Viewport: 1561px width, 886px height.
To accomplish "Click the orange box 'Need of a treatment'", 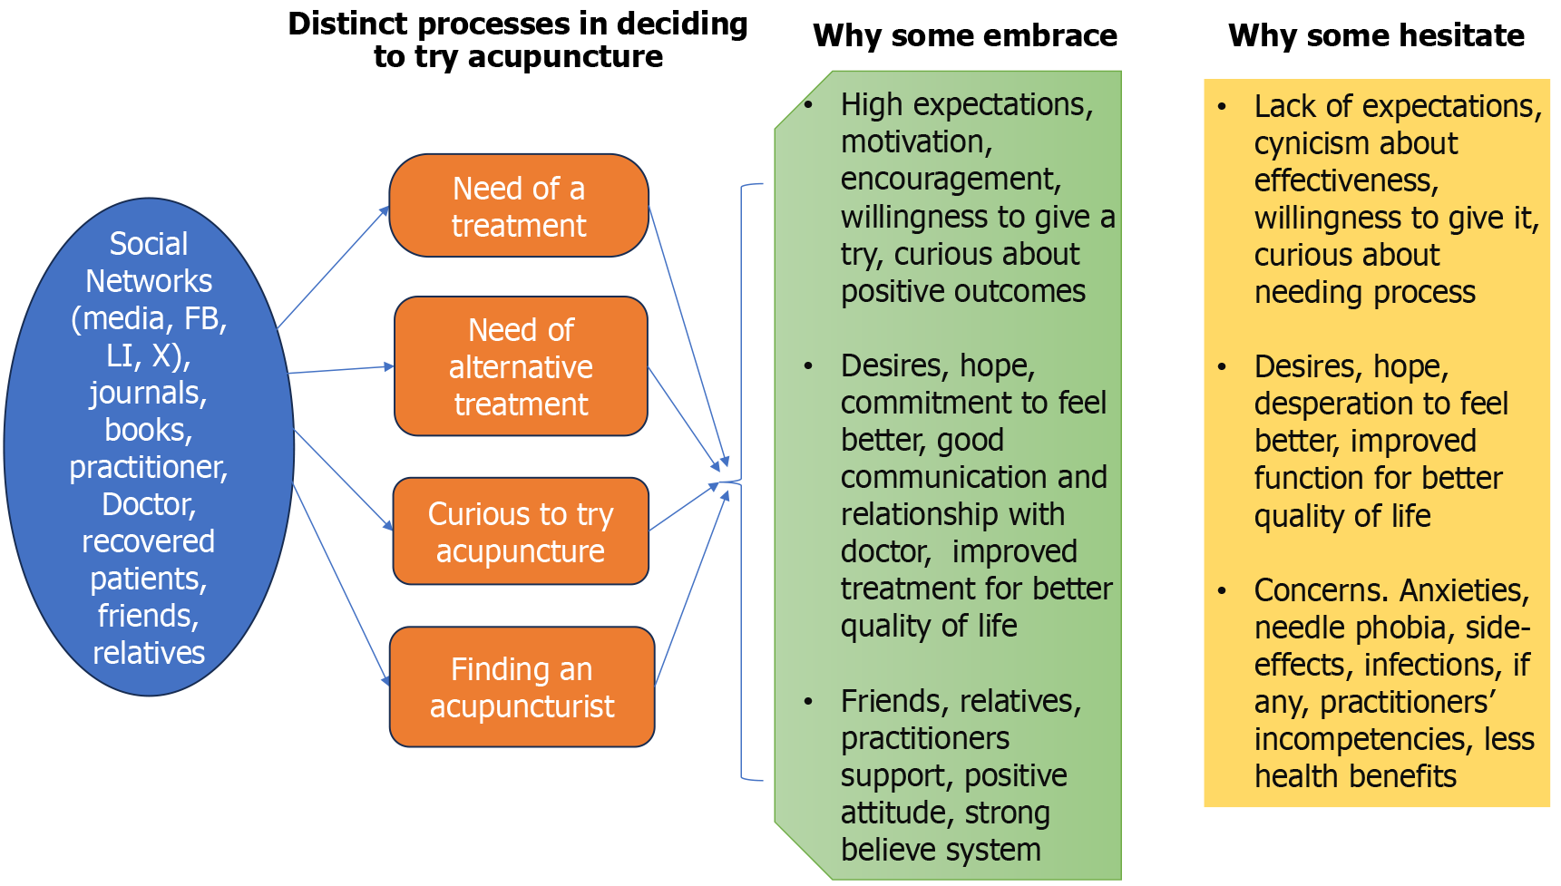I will (518, 206).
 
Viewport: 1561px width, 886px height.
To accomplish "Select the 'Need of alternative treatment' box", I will (521, 366).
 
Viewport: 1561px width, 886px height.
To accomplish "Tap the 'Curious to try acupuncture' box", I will (521, 531).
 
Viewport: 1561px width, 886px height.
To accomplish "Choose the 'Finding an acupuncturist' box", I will (522, 687).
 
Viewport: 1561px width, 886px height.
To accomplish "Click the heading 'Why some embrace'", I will (965, 35).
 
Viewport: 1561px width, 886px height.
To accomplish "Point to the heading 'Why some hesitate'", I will (1376, 35).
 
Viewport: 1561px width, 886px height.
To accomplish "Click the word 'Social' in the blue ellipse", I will (149, 244).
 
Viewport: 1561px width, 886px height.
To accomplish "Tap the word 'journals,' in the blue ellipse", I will (148, 393).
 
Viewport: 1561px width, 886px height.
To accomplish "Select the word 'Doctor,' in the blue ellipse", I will (149, 504).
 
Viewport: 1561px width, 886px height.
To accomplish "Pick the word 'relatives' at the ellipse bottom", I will (149, 653).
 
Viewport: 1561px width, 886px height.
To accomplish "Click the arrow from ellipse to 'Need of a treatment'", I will (333, 267).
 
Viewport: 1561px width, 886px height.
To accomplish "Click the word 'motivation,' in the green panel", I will (916, 142).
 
